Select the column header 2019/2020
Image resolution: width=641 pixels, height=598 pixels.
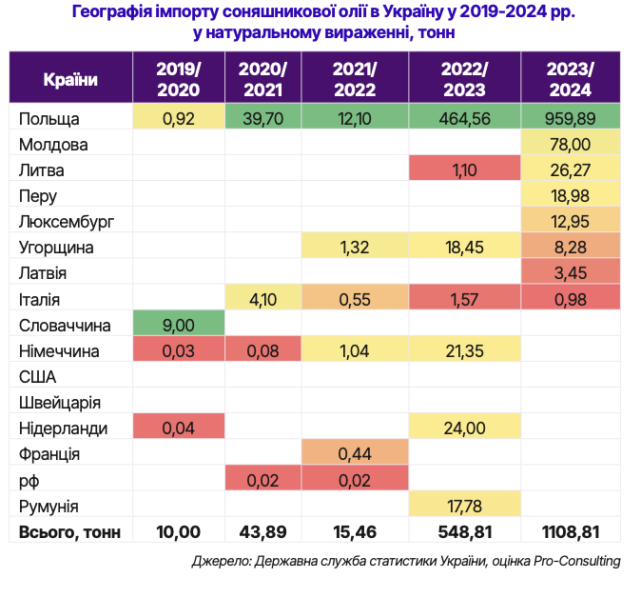179,79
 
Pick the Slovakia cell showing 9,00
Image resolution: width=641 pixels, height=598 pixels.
179,325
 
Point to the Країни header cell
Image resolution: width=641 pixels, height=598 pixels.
70,79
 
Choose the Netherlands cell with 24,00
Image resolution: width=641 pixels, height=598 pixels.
464,428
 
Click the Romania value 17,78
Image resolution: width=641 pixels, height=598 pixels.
464,505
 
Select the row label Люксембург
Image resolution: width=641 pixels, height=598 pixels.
67,222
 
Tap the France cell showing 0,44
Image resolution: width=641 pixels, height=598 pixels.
354,453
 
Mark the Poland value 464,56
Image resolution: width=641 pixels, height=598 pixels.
464,119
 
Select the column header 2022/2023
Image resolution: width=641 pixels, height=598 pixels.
464,79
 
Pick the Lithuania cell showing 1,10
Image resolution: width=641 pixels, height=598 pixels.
464,170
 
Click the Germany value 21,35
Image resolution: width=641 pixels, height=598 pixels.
464,350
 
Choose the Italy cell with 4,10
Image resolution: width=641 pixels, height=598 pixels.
262,299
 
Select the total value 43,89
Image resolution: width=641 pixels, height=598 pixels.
262,531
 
